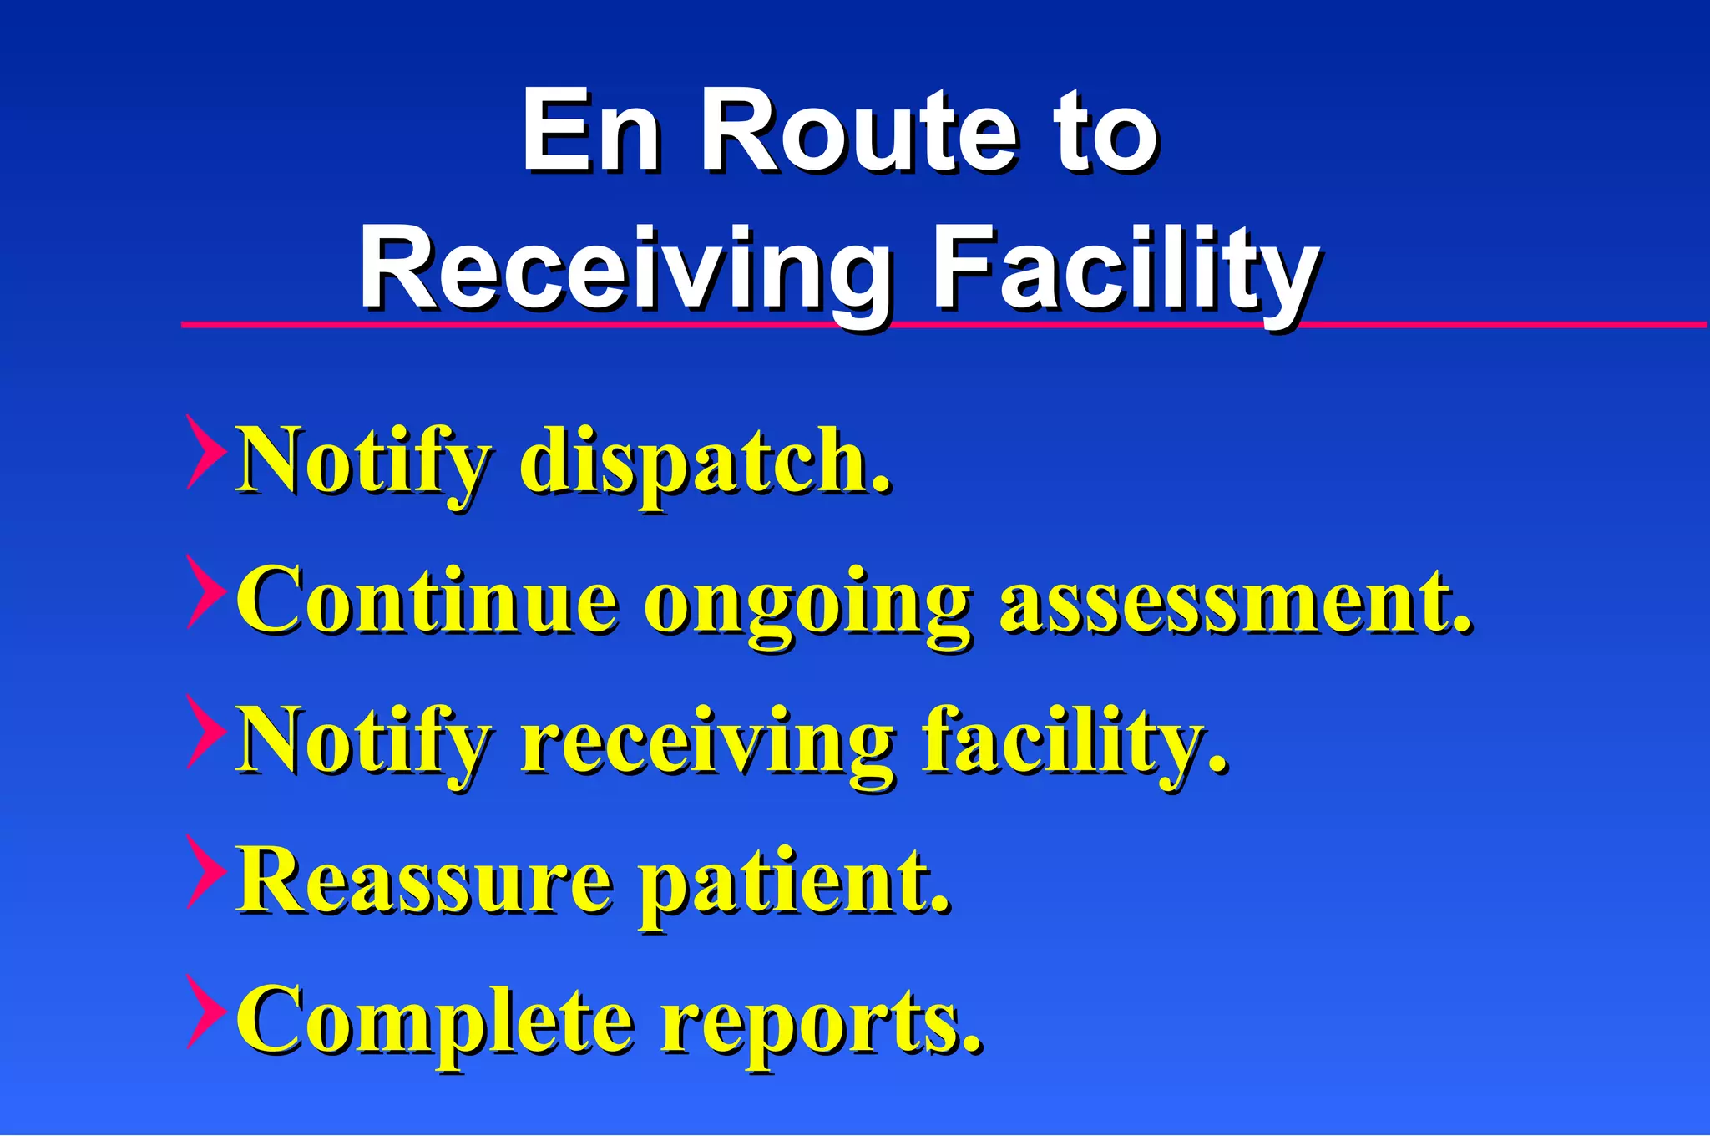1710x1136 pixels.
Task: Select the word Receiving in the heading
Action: coord(626,271)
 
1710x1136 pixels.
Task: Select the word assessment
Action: coord(1236,601)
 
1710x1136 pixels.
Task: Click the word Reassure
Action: coord(426,881)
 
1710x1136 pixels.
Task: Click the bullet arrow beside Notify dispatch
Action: coord(205,452)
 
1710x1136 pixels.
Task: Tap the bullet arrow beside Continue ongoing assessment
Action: coord(205,591)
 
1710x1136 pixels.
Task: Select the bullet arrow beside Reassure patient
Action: coord(205,871)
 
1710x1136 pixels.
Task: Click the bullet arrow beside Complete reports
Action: coord(205,1012)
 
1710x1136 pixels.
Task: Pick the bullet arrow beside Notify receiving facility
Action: coord(205,732)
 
